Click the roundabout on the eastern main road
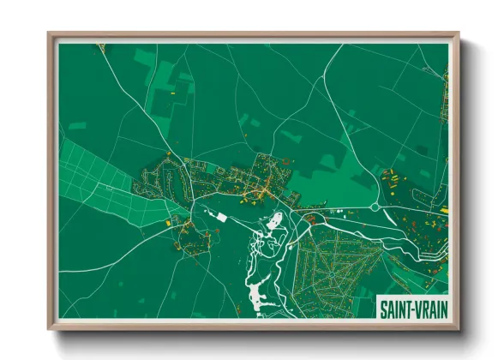375,207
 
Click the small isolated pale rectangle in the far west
78,126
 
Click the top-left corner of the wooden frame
49,34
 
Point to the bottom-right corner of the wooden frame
458,328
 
